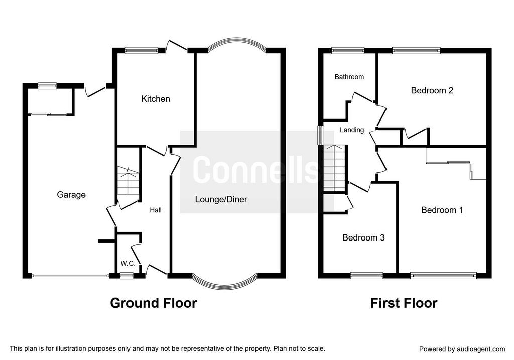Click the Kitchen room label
click(156, 99)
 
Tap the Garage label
click(71, 195)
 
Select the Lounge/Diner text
click(221, 199)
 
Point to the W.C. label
click(128, 263)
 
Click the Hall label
click(156, 210)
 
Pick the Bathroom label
click(349, 77)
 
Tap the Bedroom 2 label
click(432, 90)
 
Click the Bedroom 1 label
click(442, 210)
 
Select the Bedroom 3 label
click(363, 237)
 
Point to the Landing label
click(352, 130)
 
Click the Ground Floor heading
click(154, 303)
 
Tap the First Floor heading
click(404, 303)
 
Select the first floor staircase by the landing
click(334, 168)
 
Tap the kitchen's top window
click(142, 50)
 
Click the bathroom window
click(348, 50)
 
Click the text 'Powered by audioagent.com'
click(462, 349)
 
